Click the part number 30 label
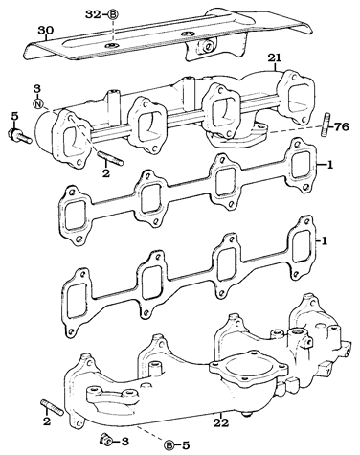point(42,30)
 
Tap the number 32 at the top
point(91,15)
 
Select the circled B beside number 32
point(112,15)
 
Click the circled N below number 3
point(38,102)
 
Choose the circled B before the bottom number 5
point(169,444)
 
